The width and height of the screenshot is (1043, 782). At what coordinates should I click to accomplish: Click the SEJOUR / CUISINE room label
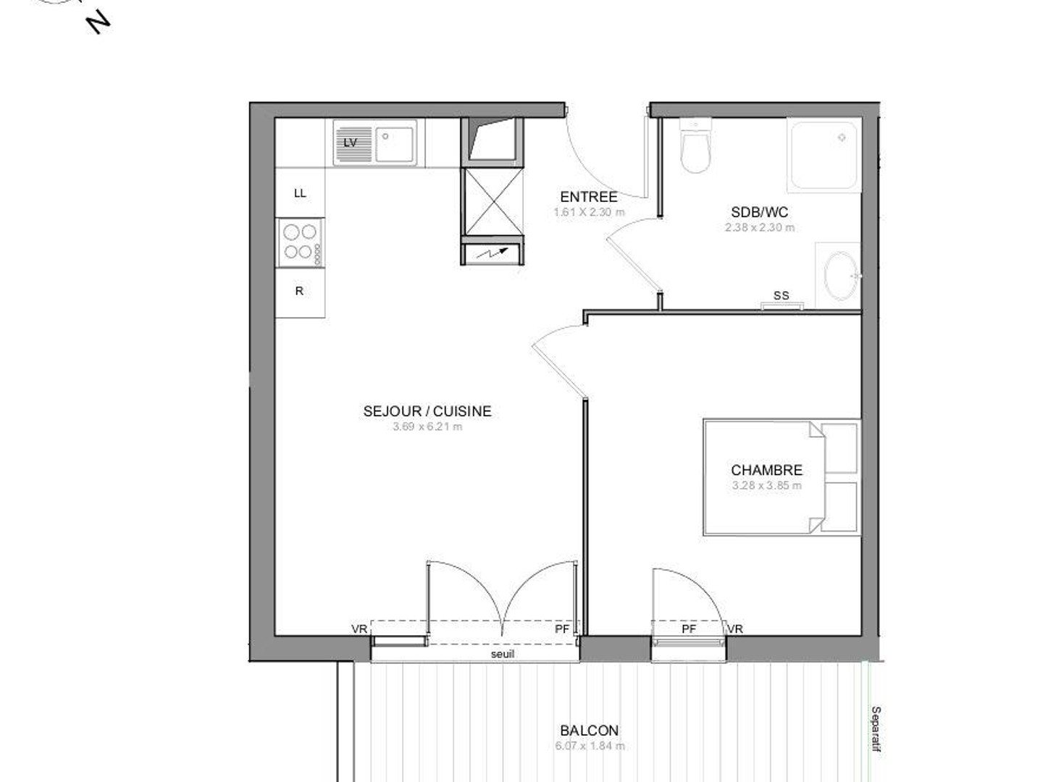coord(427,411)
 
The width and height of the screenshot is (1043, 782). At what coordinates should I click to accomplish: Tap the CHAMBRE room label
coord(766,470)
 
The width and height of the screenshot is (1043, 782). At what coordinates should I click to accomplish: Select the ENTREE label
coord(588,197)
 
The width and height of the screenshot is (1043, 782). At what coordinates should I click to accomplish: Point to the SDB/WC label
coord(759,212)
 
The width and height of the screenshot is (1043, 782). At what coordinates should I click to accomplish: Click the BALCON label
coord(589,731)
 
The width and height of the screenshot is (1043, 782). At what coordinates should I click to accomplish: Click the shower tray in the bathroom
coord(824,156)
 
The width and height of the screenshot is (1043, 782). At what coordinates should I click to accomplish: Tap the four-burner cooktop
coord(301,242)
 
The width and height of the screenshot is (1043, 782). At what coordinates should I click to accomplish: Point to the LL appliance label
coord(300,193)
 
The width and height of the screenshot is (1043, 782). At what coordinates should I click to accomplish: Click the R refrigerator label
coord(299,291)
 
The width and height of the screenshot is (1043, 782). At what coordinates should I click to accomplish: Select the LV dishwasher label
coord(350,143)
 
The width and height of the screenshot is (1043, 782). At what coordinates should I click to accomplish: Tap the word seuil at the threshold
coord(503,654)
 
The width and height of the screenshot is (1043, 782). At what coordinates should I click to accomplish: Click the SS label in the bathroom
coord(781,295)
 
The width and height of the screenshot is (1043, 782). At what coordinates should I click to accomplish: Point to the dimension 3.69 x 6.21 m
coord(427,426)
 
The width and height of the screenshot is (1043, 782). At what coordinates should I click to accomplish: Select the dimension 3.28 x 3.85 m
coord(766,485)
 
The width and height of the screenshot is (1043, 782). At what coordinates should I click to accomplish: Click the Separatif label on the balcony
coord(876,729)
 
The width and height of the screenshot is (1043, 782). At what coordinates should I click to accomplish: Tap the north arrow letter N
coord(98,23)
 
